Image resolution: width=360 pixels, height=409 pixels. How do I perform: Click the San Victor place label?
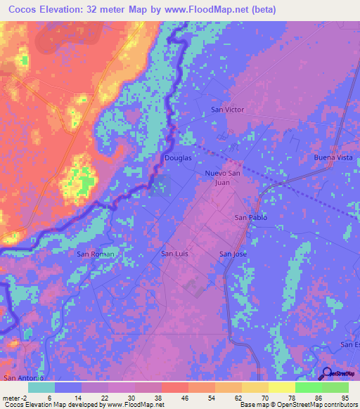(x=228, y=110)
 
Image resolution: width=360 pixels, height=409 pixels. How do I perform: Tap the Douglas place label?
(x=178, y=158)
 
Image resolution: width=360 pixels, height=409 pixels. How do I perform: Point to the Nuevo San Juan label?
(x=223, y=177)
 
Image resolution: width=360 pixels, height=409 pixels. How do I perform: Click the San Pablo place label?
(x=250, y=218)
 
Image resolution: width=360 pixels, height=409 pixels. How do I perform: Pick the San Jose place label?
(x=233, y=254)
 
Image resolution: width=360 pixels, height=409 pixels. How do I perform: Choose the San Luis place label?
(x=176, y=254)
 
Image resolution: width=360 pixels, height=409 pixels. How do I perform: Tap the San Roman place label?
(x=95, y=254)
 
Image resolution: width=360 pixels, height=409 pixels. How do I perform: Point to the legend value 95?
(x=345, y=397)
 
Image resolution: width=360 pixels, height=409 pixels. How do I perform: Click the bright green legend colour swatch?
(x=308, y=387)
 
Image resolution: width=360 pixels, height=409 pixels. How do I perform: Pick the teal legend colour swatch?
(x=41, y=387)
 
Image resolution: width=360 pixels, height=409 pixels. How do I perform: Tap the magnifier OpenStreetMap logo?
(x=326, y=374)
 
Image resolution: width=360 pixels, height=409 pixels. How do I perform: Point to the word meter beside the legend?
(x=11, y=397)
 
